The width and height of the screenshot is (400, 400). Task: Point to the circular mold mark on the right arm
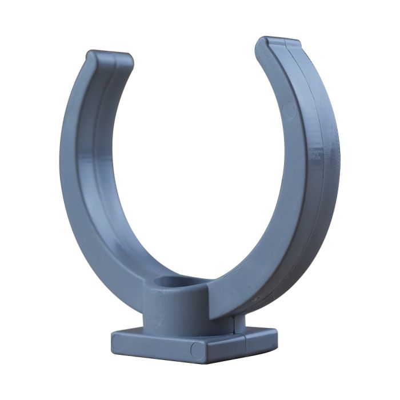(290, 111)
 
